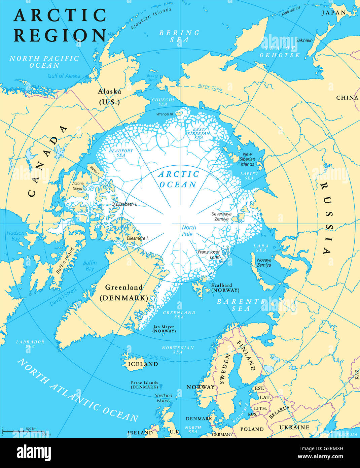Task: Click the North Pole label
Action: pyautogui.click(x=189, y=230)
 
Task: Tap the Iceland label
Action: pyautogui.click(x=143, y=364)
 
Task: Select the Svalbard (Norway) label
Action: pyautogui.click(x=225, y=288)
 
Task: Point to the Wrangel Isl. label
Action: pyautogui.click(x=165, y=114)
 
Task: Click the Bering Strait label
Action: pyautogui.click(x=152, y=78)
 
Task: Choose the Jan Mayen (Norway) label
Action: pyautogui.click(x=164, y=329)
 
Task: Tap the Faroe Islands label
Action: pyautogui.click(x=144, y=385)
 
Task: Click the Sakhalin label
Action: pyautogui.click(x=304, y=40)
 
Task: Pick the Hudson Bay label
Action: pyautogui.click(x=15, y=236)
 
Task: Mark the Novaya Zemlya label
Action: pyautogui.click(x=264, y=262)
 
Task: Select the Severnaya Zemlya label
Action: pyautogui.click(x=221, y=216)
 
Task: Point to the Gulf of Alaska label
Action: pyautogui.click(x=64, y=76)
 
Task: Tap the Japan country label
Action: pyautogui.click(x=333, y=13)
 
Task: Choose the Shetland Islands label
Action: pyautogui.click(x=164, y=398)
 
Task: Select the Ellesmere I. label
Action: pyautogui.click(x=138, y=238)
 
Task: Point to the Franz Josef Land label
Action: pyautogui.click(x=209, y=254)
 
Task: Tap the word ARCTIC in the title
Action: pyautogui.click(x=60, y=15)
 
